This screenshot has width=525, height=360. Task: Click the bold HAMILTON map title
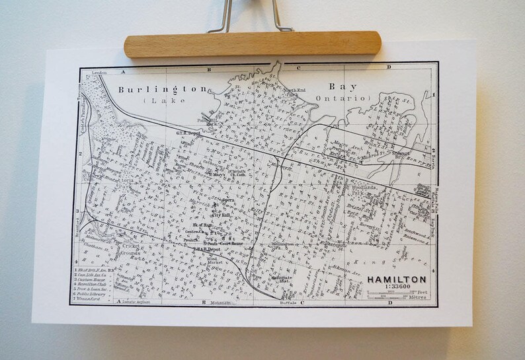397,279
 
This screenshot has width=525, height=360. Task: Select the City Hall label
220,215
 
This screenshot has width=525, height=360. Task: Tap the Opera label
228,199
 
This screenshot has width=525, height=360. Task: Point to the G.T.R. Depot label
188,132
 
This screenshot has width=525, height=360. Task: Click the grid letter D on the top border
389,67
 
